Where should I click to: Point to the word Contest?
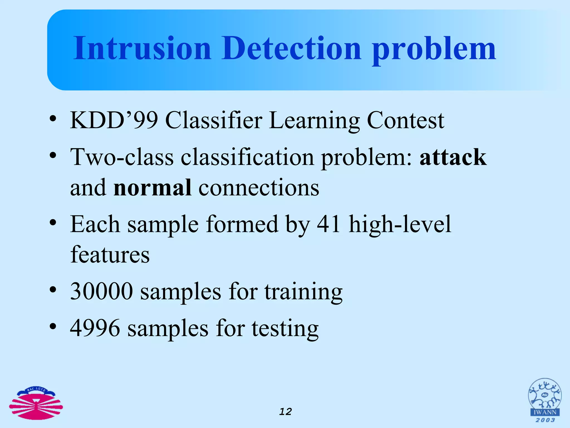coord(406,120)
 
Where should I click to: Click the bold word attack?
coord(453,157)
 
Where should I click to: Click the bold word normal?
coord(153,188)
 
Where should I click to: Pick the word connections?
coord(259,188)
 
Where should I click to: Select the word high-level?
coord(400,224)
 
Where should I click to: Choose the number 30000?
coord(102,291)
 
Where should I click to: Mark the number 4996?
coord(95,328)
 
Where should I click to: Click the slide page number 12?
coord(286,412)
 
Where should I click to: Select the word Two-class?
coord(122,157)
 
